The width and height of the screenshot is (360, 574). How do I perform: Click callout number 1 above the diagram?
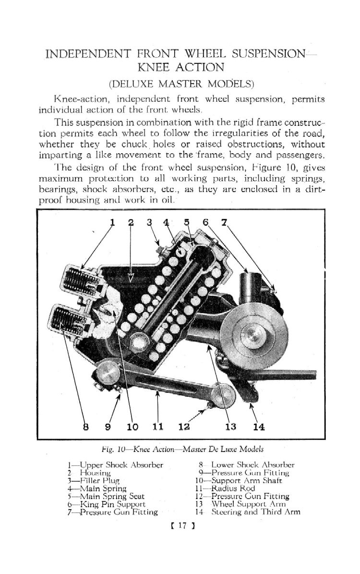pyautogui.click(x=113, y=222)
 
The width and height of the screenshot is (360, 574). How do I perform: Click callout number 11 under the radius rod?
pyautogui.click(x=157, y=426)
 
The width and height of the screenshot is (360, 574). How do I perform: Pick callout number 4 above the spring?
pyautogui.click(x=166, y=222)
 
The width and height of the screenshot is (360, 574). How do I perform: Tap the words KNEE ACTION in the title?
pyautogui.click(x=180, y=67)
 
